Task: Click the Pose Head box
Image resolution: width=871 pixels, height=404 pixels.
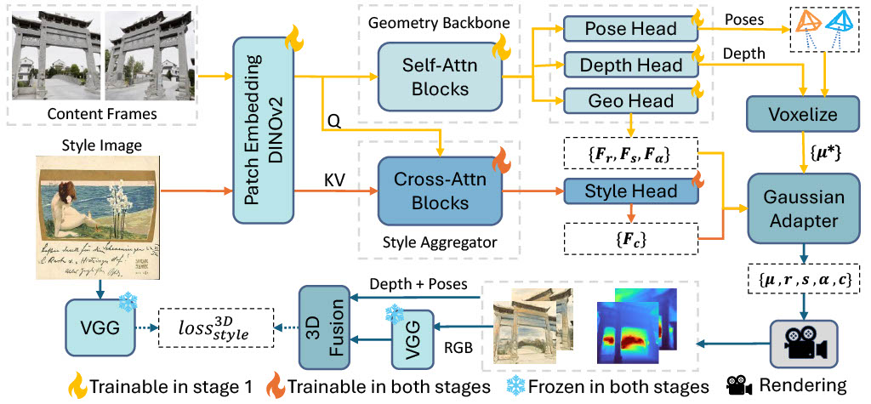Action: pyautogui.click(x=630, y=30)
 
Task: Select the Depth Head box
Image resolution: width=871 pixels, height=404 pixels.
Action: pyautogui.click(x=630, y=65)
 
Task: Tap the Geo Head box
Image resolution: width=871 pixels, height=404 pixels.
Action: pyautogui.click(x=630, y=101)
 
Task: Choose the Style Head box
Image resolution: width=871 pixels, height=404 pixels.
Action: pyautogui.click(x=630, y=191)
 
